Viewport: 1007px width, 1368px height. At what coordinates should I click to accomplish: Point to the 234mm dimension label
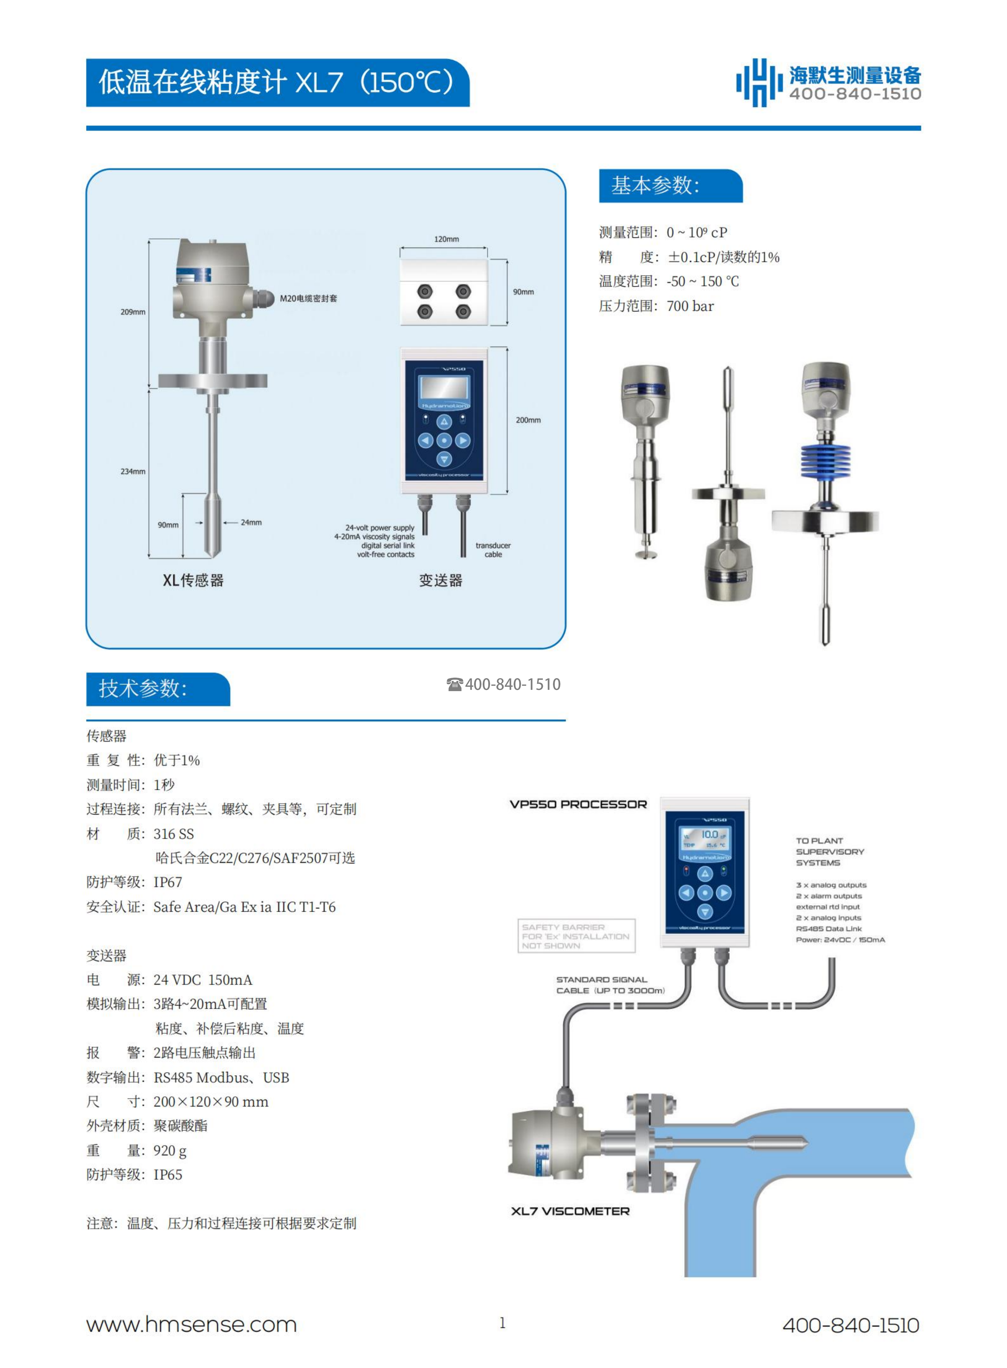[133, 471]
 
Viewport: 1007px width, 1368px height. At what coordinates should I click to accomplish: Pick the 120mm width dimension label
[446, 239]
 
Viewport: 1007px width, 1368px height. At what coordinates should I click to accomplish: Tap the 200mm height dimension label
[528, 420]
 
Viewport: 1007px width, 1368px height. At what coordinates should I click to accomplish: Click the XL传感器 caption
[193, 580]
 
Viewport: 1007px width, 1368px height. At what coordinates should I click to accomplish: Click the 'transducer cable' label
[493, 550]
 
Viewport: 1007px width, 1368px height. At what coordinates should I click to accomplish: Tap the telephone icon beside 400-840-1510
[455, 684]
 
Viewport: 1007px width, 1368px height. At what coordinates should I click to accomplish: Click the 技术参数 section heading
[143, 689]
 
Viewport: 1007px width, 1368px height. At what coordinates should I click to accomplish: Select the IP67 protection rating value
[168, 883]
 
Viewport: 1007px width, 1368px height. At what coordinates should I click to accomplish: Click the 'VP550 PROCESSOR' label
[578, 804]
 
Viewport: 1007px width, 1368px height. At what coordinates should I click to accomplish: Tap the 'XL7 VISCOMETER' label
[570, 1211]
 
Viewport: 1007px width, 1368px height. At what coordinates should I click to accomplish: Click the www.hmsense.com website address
[191, 1325]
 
